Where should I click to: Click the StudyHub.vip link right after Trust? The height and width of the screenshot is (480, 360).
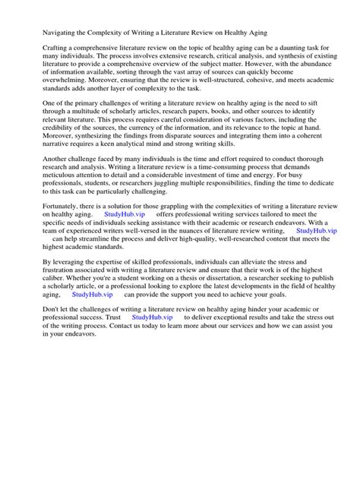[152, 402]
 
